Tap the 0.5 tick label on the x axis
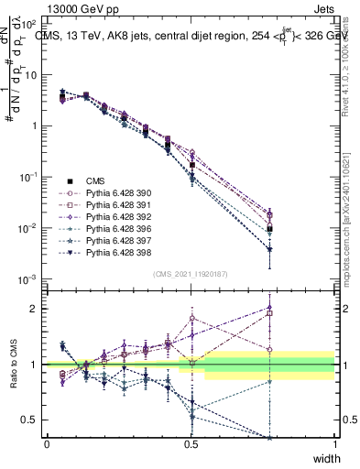(191, 444)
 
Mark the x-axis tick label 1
(334, 444)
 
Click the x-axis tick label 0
(47, 444)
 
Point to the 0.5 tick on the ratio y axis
(32, 420)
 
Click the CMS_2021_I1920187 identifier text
(191, 273)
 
